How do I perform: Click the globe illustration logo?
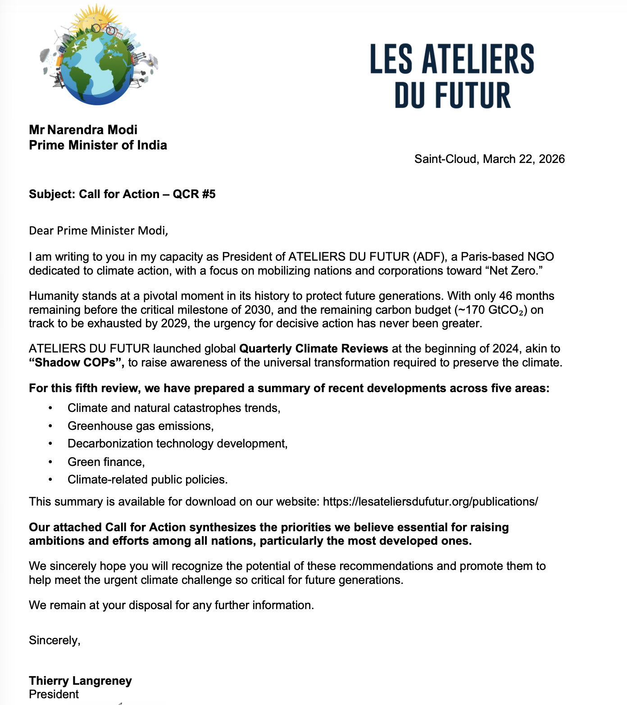pos(98,56)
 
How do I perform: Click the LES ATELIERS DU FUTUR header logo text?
pos(452,77)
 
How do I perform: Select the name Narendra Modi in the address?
pos(92,130)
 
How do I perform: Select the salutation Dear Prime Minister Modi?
pos(98,230)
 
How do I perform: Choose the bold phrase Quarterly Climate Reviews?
pos(313,349)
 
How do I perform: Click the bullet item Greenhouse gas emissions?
pos(141,426)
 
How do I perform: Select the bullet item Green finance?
pos(106,462)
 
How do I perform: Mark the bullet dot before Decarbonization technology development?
pos(50,444)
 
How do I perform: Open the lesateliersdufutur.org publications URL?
pos(430,502)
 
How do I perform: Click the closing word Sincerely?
pos(55,640)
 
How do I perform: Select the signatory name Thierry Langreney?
pos(80,681)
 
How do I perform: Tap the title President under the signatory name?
pos(54,694)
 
